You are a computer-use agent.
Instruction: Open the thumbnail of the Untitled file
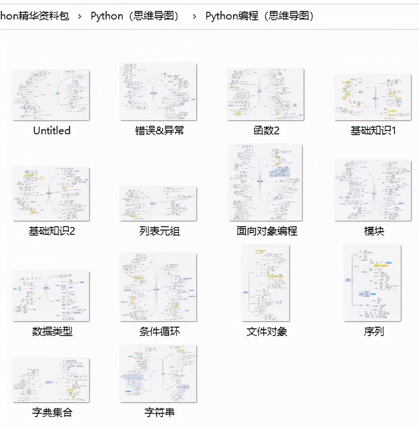[51, 95]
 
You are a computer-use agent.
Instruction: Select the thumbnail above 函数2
[266, 94]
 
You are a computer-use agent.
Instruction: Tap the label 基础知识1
[373, 130]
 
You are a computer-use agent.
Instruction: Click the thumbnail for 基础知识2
[51, 193]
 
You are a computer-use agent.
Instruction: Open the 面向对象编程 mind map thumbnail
[266, 182]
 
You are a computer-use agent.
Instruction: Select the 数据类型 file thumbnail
[51, 295]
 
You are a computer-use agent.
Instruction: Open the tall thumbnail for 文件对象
[266, 283]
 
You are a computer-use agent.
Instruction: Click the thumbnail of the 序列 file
[372, 283]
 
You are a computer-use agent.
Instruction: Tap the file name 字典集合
[52, 412]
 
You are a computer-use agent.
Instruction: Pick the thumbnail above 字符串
[158, 374]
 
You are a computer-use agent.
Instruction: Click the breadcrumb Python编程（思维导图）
[260, 16]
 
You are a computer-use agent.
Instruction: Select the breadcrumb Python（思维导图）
[135, 16]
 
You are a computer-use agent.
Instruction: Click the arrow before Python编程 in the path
[194, 16]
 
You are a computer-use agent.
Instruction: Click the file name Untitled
[52, 130]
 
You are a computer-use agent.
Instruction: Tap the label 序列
[373, 331]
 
